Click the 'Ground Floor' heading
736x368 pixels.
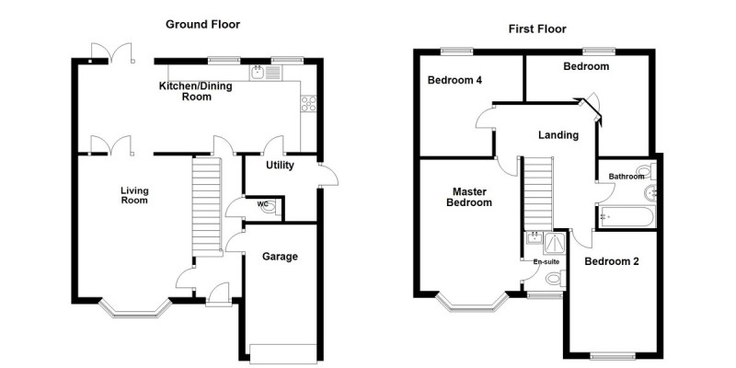point(202,25)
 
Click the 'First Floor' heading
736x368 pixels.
point(537,29)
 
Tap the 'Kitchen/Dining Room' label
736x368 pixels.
point(197,91)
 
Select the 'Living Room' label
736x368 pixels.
point(134,196)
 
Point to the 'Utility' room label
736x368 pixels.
point(280,167)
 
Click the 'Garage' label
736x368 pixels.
point(280,257)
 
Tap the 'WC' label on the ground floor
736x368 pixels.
point(262,204)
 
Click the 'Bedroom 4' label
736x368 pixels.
point(454,80)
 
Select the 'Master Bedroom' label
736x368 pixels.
point(470,197)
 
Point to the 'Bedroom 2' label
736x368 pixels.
point(612,261)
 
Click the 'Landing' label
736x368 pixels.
point(558,135)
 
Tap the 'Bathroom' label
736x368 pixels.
point(626,176)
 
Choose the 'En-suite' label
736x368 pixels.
point(546,261)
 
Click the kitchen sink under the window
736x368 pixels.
point(259,73)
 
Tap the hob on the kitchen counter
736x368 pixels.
point(308,104)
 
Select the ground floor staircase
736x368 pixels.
point(207,202)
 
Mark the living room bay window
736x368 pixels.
point(134,307)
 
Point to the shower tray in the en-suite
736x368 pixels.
point(556,242)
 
